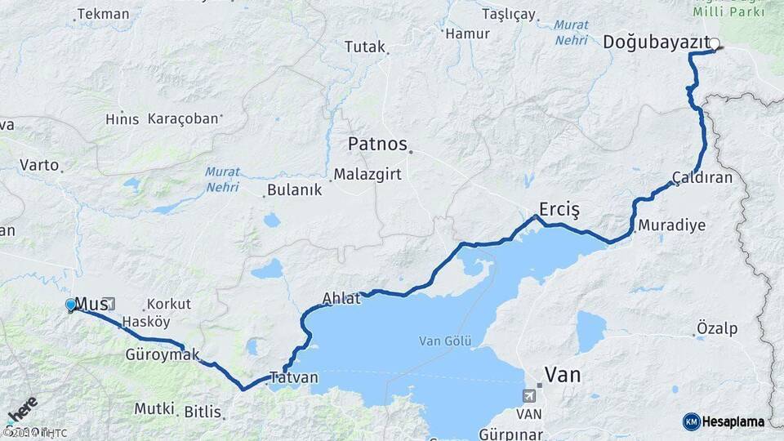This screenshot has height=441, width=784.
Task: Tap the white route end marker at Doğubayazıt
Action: tap(715, 44)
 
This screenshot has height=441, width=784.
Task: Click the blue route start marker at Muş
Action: tap(71, 305)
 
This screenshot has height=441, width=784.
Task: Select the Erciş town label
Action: tap(559, 210)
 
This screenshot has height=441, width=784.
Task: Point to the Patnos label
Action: tap(377, 145)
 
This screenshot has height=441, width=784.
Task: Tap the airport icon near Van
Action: tap(531, 396)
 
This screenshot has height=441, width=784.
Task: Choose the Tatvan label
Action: tap(294, 378)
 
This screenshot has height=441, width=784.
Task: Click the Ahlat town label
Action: tap(341, 299)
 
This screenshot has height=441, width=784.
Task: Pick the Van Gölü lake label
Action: tap(441, 341)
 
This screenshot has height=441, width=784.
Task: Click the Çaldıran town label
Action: tap(702, 177)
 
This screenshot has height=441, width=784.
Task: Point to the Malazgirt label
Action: tap(364, 174)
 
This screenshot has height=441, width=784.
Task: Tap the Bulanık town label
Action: tap(296, 190)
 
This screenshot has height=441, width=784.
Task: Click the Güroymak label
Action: tap(163, 355)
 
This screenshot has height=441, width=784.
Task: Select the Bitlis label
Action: tap(203, 412)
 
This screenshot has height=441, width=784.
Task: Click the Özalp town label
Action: tap(717, 329)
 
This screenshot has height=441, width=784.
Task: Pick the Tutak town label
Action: tap(364, 47)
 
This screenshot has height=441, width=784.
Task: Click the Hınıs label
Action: tap(122, 119)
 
